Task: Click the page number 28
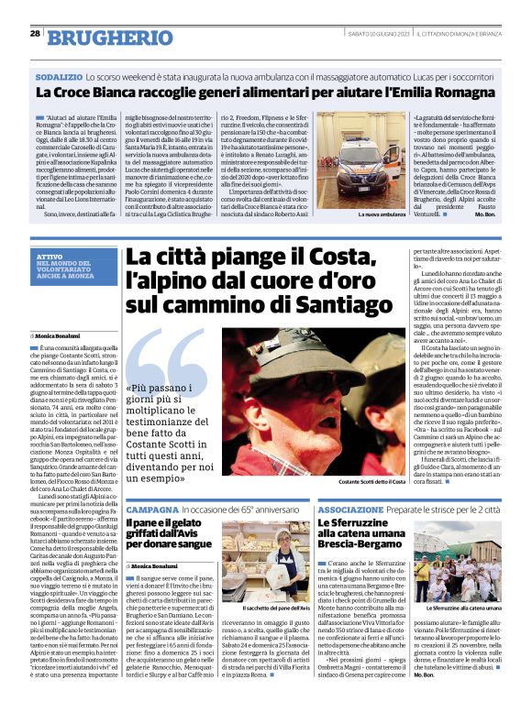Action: [34, 34]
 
